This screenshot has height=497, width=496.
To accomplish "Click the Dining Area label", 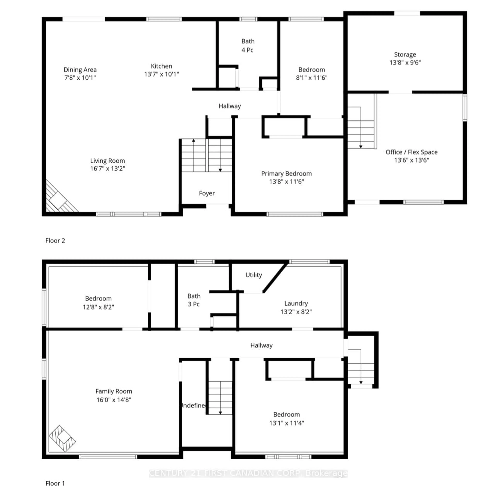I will (80, 70).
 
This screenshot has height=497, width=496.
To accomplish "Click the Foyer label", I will (207, 193).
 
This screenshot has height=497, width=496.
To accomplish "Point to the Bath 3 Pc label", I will (194, 300).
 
